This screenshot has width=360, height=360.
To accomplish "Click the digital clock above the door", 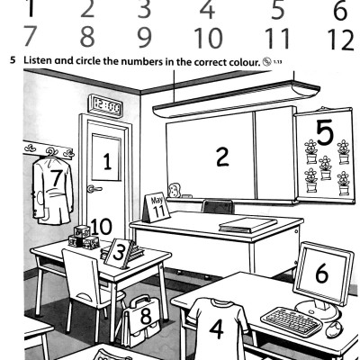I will [106, 105].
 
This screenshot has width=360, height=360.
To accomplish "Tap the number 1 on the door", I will [106, 163].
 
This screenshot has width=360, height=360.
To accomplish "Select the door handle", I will [92, 188].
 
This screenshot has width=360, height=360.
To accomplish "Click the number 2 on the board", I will [220, 155].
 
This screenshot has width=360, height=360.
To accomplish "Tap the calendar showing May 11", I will [158, 206].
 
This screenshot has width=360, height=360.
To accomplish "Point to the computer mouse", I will [334, 328].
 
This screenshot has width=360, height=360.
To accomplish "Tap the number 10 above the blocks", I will [101, 226].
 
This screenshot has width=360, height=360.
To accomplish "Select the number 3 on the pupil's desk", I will [117, 253].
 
